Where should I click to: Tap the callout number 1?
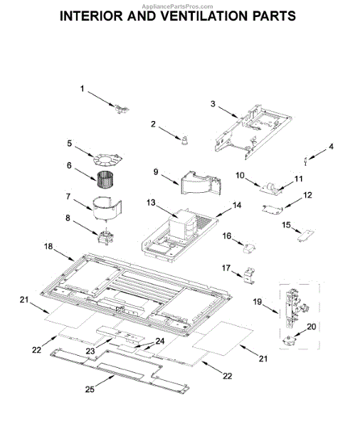pyautogui.click(x=83, y=88)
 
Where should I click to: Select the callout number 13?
pyautogui.click(x=151, y=203)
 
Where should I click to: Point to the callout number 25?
pyautogui.click(x=90, y=389)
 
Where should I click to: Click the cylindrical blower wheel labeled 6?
pyautogui.click(x=105, y=179)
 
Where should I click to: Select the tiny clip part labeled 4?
pyautogui.click(x=305, y=161)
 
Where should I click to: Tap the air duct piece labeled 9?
pyautogui.click(x=201, y=184)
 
